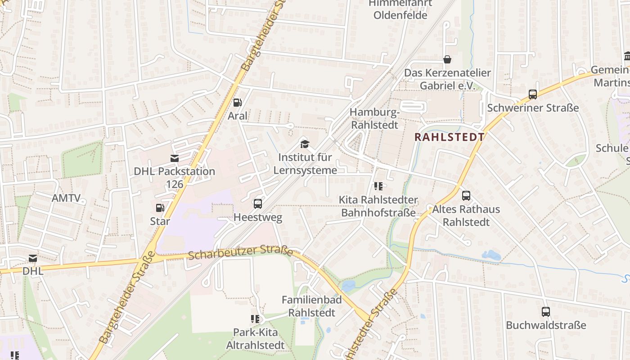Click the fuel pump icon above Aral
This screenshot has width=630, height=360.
(x=237, y=103)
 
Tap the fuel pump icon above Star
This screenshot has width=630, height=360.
(x=160, y=208)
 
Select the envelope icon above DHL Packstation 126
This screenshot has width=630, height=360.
(x=174, y=158)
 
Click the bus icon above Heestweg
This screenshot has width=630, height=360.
(x=258, y=204)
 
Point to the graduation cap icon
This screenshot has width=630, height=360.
(x=305, y=144)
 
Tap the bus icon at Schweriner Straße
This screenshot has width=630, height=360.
(x=533, y=94)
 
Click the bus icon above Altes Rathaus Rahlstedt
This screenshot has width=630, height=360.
(x=466, y=196)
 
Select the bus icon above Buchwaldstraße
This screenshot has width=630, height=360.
(x=546, y=311)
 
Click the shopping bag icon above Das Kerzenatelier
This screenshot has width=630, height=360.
(x=447, y=59)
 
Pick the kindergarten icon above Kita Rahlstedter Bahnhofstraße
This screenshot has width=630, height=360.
(x=378, y=186)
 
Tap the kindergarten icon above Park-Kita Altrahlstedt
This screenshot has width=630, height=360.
(x=255, y=319)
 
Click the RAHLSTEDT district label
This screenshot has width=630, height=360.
(x=449, y=137)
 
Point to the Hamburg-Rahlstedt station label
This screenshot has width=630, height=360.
(x=374, y=118)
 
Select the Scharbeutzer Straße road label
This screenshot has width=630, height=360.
(x=240, y=252)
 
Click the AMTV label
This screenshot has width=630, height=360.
(x=66, y=198)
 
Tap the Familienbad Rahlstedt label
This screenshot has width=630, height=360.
(x=312, y=306)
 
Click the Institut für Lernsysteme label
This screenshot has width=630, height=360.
(x=305, y=164)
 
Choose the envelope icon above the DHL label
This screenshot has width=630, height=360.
(x=33, y=258)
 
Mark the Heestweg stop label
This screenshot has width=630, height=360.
(x=258, y=218)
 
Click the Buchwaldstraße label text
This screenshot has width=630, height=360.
(x=546, y=325)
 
